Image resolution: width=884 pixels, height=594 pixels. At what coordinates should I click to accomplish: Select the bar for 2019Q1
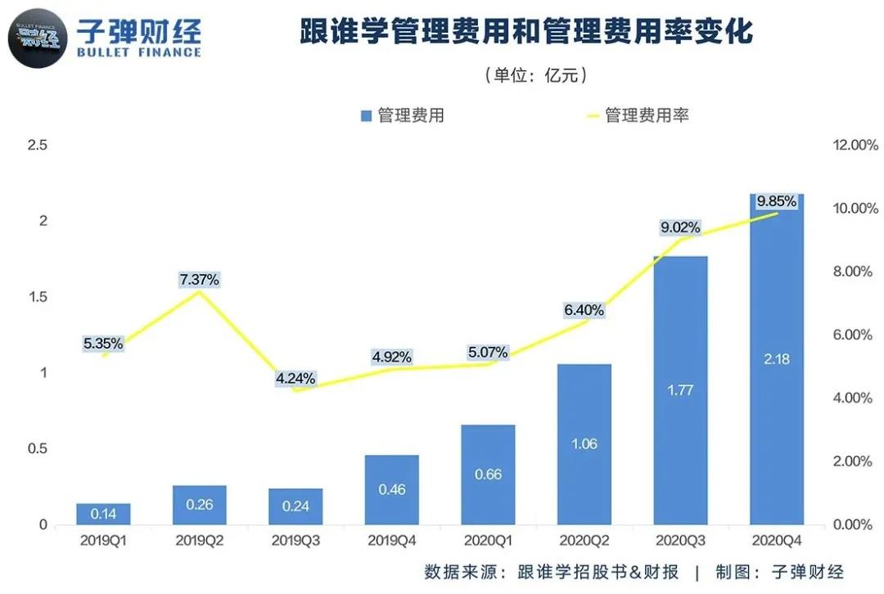103,514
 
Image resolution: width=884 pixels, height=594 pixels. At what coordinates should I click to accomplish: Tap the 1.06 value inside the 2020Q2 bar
584,443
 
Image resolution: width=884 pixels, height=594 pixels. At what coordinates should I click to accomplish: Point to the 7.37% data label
199,280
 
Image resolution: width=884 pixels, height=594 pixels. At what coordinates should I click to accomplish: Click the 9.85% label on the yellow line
776,201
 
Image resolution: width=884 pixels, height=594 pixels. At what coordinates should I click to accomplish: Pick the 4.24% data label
295,379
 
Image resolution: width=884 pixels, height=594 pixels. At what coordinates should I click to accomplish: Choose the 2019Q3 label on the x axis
295,541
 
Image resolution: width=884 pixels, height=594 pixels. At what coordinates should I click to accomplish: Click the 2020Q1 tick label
488,541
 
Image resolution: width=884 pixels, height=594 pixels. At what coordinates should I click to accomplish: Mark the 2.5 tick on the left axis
38,146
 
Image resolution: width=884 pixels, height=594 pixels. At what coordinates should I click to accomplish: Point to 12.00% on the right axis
855,146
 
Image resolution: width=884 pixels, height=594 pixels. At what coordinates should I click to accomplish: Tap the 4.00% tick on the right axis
855,398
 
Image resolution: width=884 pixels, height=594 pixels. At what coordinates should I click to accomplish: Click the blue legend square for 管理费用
366,115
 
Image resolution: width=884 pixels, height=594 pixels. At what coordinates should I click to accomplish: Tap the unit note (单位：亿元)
536,75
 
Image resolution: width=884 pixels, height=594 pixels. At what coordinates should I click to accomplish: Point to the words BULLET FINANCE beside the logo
139,53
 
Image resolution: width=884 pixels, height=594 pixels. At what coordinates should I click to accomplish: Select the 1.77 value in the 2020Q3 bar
679,390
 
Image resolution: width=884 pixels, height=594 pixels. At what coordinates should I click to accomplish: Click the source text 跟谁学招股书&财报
598,571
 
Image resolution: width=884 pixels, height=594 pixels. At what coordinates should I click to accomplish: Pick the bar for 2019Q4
391,489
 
